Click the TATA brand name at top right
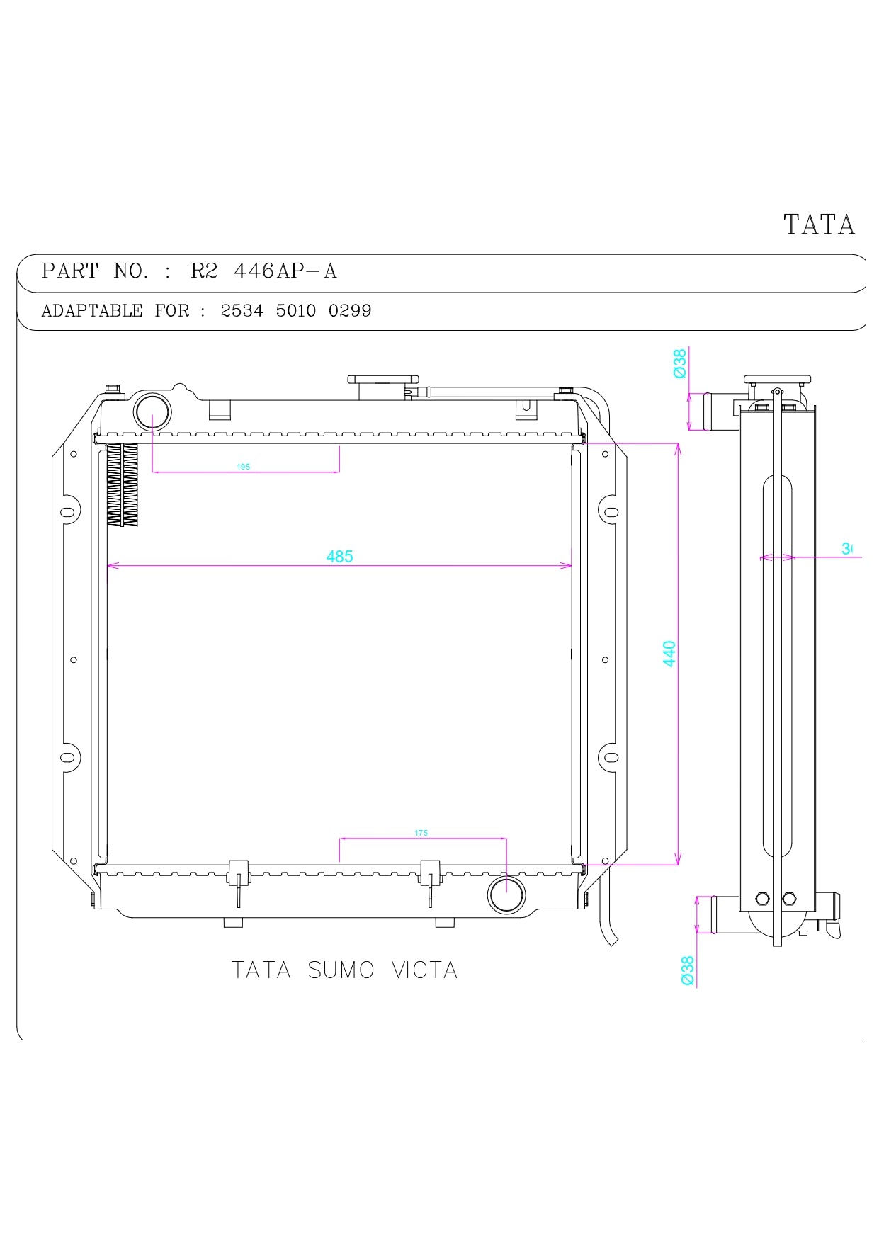[x=819, y=225]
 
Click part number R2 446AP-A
[x=263, y=271]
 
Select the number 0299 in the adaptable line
[x=350, y=311]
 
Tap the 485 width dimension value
[x=339, y=557]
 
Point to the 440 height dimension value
[x=669, y=653]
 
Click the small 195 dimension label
[x=243, y=467]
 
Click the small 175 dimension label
[x=421, y=833]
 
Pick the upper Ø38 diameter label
[x=680, y=363]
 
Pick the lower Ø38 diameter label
[x=687, y=970]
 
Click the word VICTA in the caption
[x=424, y=970]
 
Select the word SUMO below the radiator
[x=341, y=970]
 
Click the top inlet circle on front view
[x=152, y=411]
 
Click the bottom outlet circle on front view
[x=506, y=895]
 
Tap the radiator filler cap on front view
[x=382, y=380]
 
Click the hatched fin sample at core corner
[x=123, y=484]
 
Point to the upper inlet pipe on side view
[x=716, y=412]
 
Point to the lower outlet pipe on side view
[x=722, y=914]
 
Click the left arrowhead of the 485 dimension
[x=110, y=565]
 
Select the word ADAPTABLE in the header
[x=92, y=311]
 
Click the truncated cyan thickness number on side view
[x=846, y=548]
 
